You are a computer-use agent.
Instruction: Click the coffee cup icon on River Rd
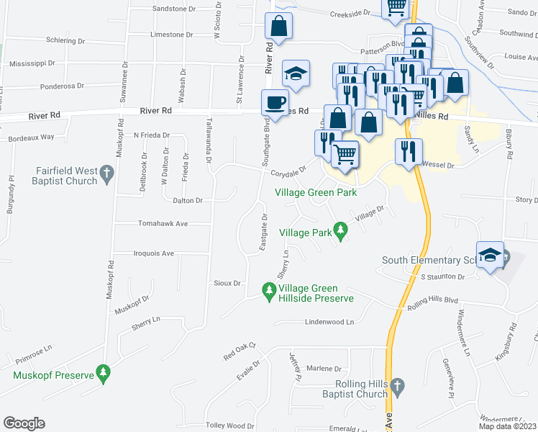click(x=273, y=102)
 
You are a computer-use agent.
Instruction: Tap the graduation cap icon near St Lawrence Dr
click(x=296, y=72)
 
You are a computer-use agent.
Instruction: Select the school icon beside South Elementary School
click(x=491, y=255)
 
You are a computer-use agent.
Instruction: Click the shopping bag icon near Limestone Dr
click(x=278, y=27)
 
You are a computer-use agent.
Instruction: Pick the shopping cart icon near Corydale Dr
click(x=345, y=153)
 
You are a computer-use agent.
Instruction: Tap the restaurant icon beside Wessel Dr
click(x=407, y=151)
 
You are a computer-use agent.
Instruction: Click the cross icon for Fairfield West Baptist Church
click(x=106, y=173)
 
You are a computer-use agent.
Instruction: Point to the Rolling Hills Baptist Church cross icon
click(x=398, y=389)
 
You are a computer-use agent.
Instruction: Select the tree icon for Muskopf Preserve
click(x=104, y=373)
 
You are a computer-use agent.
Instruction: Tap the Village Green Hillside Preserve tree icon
click(x=268, y=290)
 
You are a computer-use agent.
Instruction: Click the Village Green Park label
click(x=316, y=192)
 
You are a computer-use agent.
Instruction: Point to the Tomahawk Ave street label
click(x=163, y=224)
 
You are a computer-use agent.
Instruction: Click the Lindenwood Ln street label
click(x=330, y=322)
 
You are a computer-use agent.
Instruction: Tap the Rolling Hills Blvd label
click(x=433, y=300)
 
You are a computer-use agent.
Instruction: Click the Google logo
click(x=24, y=423)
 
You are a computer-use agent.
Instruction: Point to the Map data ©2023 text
click(x=506, y=426)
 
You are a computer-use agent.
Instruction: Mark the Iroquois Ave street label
click(x=154, y=253)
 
